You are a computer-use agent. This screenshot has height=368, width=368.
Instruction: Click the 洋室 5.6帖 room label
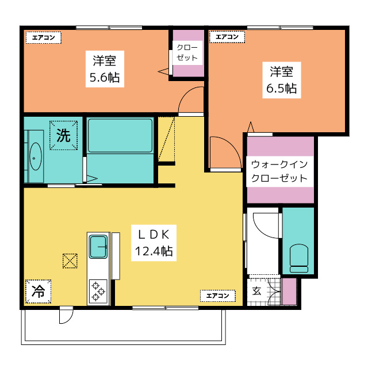[x=105, y=69]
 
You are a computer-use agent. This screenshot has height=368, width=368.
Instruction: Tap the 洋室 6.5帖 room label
[x=281, y=80]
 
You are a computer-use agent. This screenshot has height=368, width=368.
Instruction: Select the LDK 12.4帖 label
[x=154, y=243]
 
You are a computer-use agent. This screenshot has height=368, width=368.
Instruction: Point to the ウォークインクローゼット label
[x=279, y=171]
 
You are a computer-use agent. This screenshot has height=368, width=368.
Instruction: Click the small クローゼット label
[x=187, y=53]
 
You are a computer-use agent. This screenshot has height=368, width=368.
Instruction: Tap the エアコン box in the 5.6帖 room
[x=44, y=37]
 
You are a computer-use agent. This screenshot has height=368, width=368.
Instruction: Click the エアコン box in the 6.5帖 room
[x=227, y=37]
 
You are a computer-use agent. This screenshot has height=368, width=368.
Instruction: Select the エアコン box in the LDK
[x=218, y=296]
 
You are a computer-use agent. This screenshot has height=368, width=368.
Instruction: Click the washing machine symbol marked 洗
[x=63, y=136]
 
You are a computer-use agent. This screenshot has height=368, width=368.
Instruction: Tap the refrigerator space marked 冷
[x=39, y=292]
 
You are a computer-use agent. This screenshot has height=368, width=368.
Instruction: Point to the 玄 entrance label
[x=257, y=292]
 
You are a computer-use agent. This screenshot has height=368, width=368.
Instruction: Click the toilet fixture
[x=298, y=258]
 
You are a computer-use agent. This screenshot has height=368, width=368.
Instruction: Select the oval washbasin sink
[x=36, y=156]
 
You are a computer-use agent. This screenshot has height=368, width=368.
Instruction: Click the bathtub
[x=120, y=136]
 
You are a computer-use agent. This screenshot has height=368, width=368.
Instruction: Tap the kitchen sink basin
[x=98, y=247]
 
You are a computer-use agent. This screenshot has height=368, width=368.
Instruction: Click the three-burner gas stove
[x=98, y=292]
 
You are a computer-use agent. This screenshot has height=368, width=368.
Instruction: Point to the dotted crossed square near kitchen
[x=70, y=261]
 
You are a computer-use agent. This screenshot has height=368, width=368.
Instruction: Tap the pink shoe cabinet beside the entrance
[x=289, y=292]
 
